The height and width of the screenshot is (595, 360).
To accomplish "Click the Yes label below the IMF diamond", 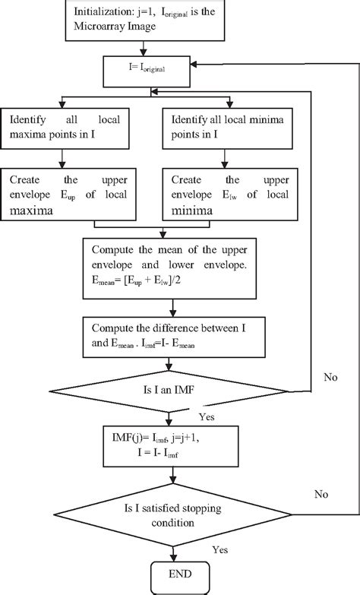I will pyautogui.click(x=206, y=417).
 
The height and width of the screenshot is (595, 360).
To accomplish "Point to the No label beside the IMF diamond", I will pyautogui.click(x=330, y=375).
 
